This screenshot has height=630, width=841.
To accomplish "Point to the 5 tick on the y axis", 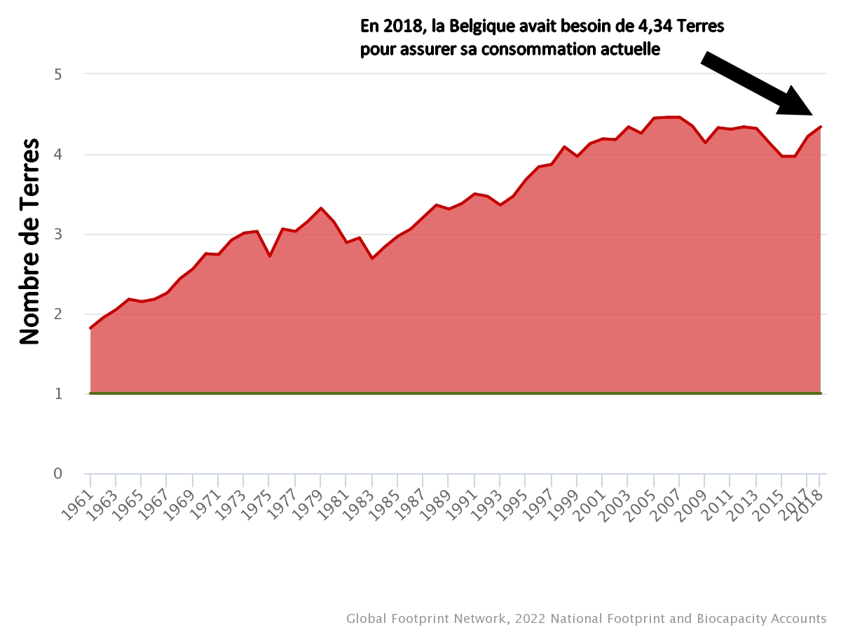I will [58, 74].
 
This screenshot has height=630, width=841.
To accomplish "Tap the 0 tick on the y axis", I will [58, 474].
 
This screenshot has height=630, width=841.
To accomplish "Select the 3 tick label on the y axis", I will [58, 234].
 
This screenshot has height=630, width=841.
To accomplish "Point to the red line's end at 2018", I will [820, 127].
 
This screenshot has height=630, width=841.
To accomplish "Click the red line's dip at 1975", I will [270, 256].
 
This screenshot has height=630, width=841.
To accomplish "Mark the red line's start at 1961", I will [90, 328].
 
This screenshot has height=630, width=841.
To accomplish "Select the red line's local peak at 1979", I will [321, 208].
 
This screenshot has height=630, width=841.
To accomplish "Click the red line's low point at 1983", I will [372, 258].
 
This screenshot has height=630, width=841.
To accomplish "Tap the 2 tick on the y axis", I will [58, 314].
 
